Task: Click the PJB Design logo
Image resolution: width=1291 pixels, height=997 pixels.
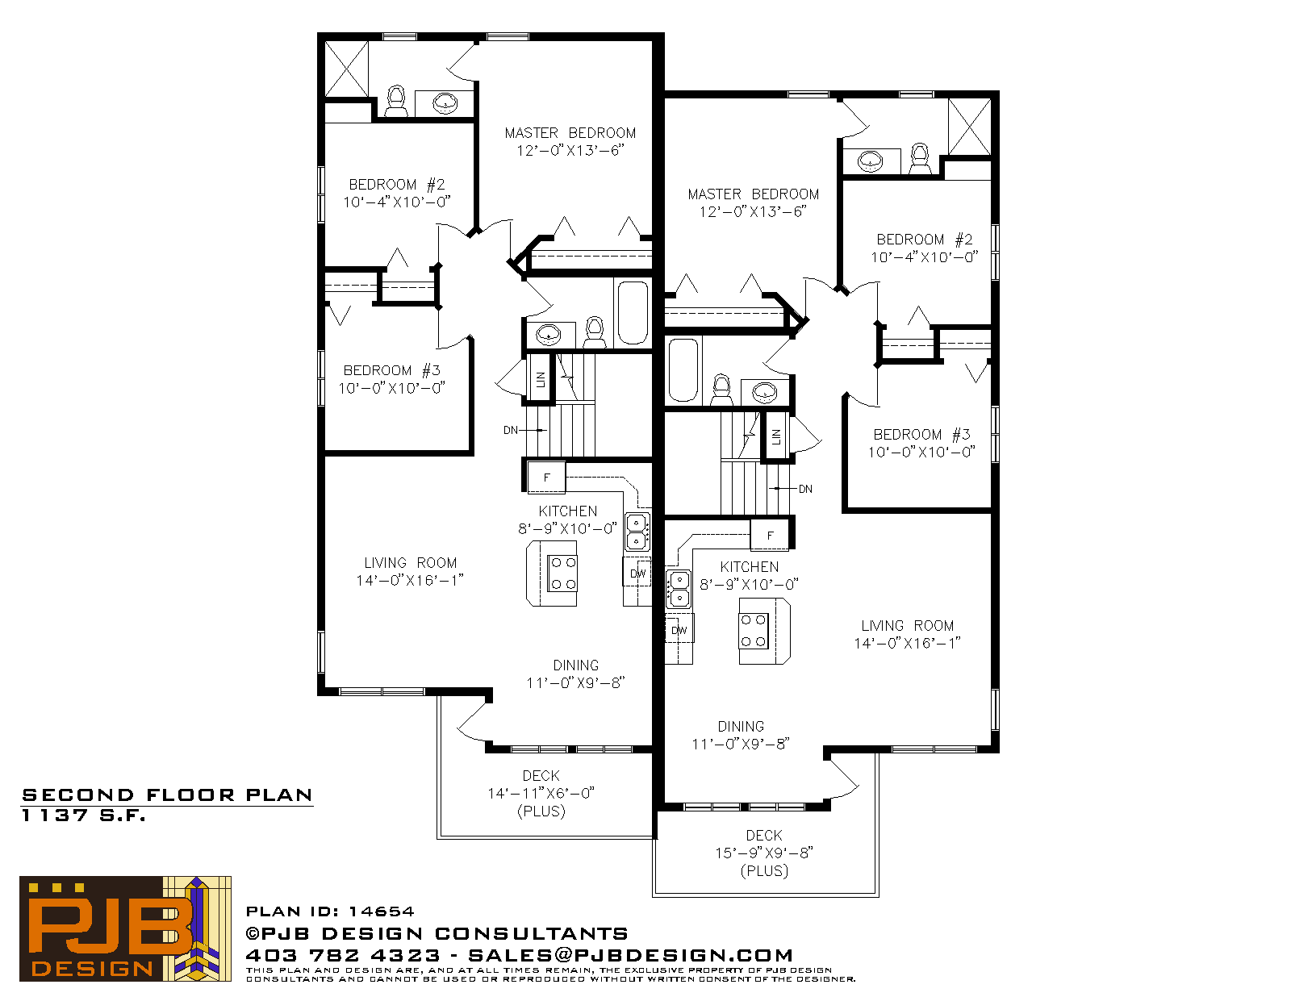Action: (x=125, y=928)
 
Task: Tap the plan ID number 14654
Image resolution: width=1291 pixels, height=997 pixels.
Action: (x=381, y=911)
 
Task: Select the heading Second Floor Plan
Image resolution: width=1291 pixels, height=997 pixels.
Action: (x=167, y=795)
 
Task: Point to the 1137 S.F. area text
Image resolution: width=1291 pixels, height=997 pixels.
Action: (x=84, y=816)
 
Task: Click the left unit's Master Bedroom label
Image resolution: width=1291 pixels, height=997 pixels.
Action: (x=570, y=133)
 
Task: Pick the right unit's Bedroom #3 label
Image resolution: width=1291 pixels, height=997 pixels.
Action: (x=921, y=435)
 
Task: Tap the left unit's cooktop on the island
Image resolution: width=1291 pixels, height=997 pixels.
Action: (x=562, y=573)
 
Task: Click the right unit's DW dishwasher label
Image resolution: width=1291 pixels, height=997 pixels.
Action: (x=679, y=630)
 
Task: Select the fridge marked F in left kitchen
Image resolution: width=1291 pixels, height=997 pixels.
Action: (x=546, y=477)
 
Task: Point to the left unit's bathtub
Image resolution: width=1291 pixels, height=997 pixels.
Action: (x=633, y=313)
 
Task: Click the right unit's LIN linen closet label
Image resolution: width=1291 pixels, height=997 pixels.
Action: (x=776, y=436)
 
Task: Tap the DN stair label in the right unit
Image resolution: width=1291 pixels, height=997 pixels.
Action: (x=805, y=489)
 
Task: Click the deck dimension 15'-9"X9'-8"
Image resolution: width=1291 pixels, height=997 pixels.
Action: (x=764, y=853)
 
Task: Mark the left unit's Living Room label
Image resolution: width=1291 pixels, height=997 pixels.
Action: (x=411, y=563)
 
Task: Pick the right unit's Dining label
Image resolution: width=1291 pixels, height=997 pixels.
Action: (x=741, y=727)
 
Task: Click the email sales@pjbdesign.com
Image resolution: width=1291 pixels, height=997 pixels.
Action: (x=630, y=955)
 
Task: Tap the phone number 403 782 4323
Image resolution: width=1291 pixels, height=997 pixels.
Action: (x=343, y=955)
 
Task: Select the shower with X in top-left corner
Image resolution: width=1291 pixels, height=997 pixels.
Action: (x=347, y=69)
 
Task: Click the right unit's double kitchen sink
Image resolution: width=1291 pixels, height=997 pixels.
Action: (x=679, y=589)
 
